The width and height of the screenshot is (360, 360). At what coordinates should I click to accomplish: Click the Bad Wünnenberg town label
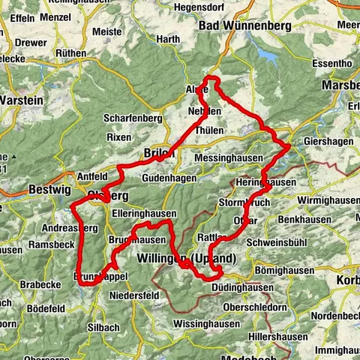(244, 26)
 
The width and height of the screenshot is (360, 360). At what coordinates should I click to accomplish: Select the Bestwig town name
(49, 190)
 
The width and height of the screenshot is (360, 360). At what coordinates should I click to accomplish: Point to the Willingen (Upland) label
(187, 258)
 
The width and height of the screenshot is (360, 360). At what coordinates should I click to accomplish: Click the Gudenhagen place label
(167, 178)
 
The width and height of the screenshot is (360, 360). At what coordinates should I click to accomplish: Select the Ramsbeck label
(47, 245)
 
